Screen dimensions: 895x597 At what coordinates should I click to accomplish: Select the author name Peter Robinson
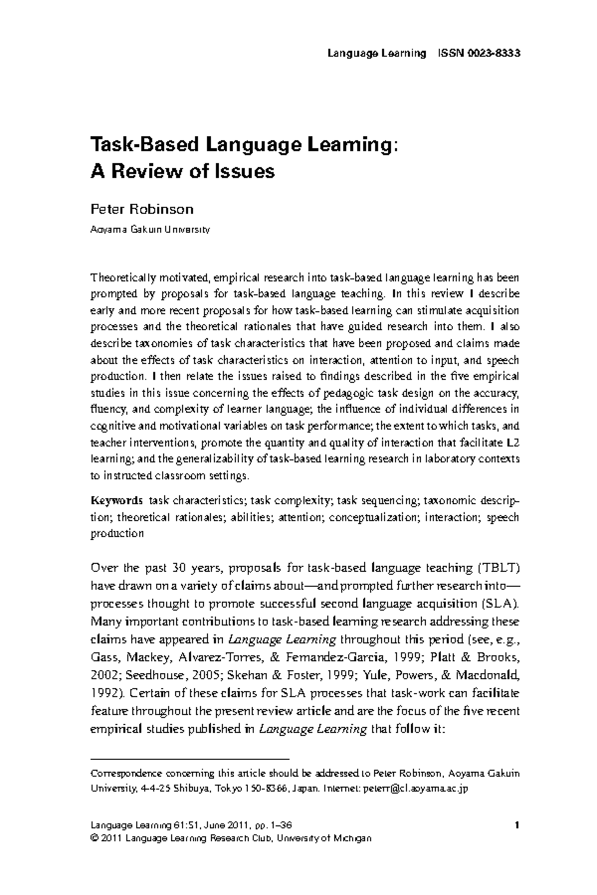point(141,209)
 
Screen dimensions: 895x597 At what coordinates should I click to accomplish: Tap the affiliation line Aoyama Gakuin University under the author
point(150,230)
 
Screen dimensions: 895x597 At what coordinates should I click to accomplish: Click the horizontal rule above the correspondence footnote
point(190,759)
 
